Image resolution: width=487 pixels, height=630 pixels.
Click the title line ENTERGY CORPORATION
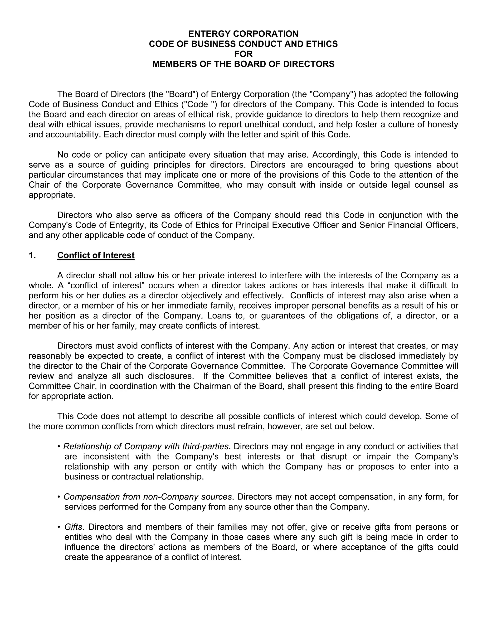[243, 34]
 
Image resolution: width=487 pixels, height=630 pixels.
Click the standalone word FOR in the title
[243, 54]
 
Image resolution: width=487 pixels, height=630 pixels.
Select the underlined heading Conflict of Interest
[96, 255]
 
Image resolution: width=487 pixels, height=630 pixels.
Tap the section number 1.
[32, 255]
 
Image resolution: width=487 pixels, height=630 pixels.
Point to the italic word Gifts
[73, 527]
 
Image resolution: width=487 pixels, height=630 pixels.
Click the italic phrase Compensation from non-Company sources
[148, 497]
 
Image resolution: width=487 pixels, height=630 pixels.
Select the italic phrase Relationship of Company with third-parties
[146, 446]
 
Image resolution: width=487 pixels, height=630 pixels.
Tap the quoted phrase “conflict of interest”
[101, 286]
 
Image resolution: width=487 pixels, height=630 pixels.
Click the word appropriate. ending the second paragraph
[52, 195]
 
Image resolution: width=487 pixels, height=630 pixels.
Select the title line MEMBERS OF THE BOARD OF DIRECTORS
[243, 64]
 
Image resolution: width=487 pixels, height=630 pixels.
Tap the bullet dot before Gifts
[59, 527]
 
